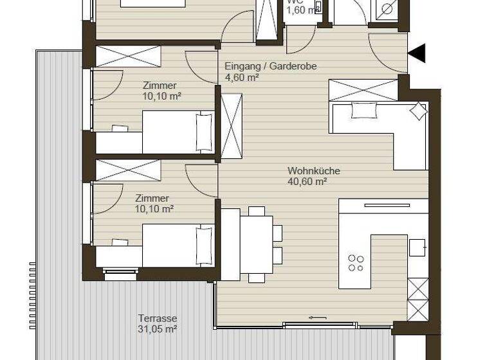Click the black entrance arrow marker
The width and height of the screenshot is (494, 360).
[x=417, y=53]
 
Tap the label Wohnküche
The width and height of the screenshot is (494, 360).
[x=314, y=171]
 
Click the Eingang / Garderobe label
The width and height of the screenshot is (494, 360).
[x=270, y=66]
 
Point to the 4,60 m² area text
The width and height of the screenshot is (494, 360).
[x=241, y=77]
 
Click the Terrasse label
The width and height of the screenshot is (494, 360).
[x=157, y=318]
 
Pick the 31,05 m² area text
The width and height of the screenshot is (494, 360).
[x=157, y=328]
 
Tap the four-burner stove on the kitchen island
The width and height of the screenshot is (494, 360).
[x=356, y=263]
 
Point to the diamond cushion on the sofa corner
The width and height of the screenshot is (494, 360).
[x=418, y=111]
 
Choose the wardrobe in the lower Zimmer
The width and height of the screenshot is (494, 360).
[x=128, y=170]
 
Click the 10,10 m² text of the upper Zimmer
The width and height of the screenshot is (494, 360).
[x=158, y=96]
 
